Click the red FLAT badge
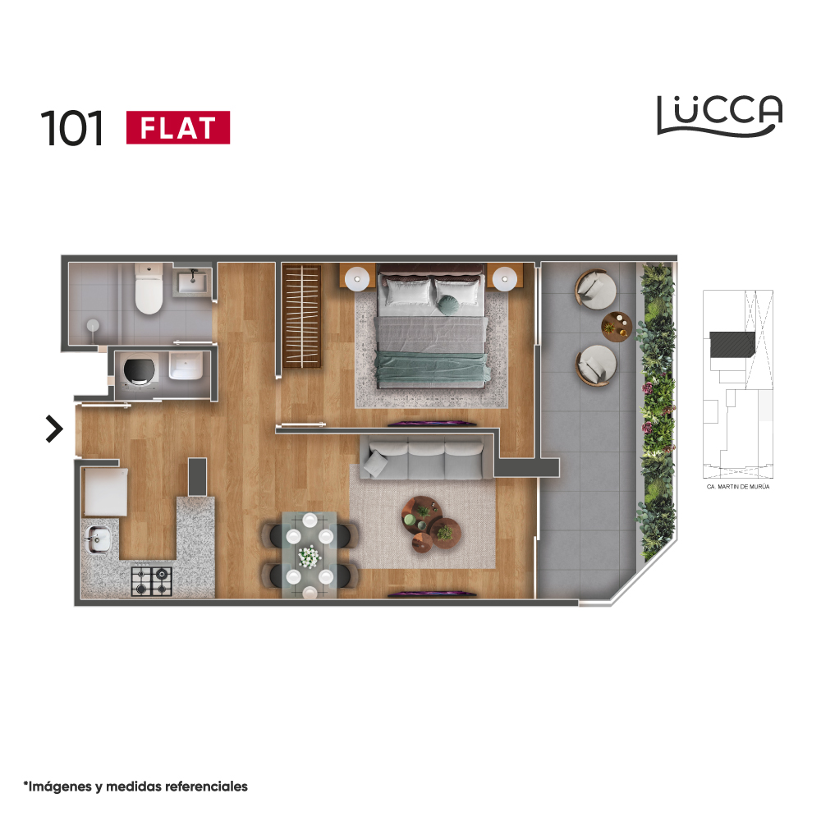coord(178,127)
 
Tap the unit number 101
coord(71,128)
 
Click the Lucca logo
coord(720,116)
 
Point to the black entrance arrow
coord(54,429)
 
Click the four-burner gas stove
coord(151,580)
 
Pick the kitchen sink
coord(98,539)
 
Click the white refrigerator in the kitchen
coord(105,492)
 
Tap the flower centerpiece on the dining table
coord(309,557)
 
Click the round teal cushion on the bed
coord(447,305)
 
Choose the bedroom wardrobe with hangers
coord(301,316)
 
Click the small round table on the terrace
coord(617,327)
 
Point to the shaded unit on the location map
coord(732,345)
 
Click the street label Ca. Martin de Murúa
coord(738,487)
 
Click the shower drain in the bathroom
coord(94,326)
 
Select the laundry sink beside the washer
coord(186,366)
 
